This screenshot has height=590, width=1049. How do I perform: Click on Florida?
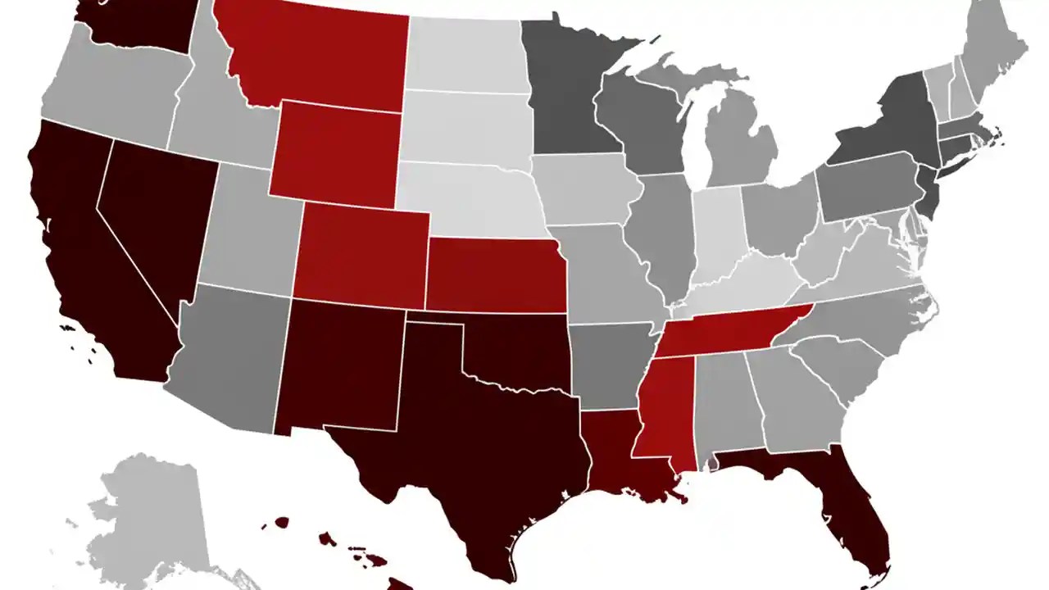click(x=852, y=516)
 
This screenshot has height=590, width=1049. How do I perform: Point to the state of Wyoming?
click(x=336, y=152)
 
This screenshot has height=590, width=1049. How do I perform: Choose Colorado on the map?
click(x=361, y=254)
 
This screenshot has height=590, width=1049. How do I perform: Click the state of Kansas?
click(x=492, y=275)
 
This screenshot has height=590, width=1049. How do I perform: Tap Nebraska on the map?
click(x=471, y=201)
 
